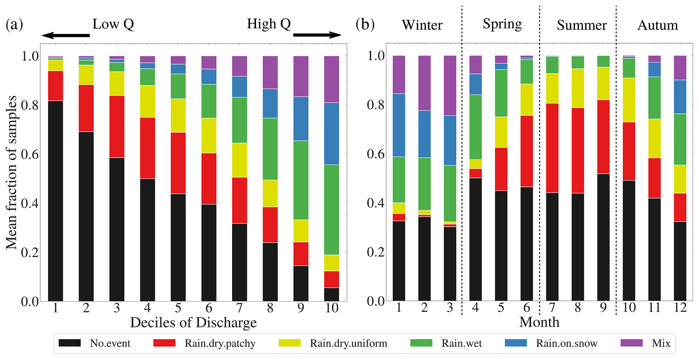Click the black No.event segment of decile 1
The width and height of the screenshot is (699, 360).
click(x=55, y=201)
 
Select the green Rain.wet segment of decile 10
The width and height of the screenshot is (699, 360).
click(x=331, y=210)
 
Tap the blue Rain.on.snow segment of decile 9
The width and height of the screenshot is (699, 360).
click(x=301, y=119)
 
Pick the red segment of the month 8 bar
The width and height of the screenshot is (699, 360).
click(x=578, y=150)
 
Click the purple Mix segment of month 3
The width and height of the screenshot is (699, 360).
click(x=450, y=86)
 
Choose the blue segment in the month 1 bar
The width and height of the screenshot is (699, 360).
click(x=399, y=125)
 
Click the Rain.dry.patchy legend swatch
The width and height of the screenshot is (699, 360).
click(x=164, y=343)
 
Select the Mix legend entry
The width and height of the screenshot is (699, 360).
click(x=661, y=343)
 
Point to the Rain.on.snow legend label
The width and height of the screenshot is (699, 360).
click(x=566, y=343)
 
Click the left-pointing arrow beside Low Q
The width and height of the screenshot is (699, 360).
click(x=66, y=35)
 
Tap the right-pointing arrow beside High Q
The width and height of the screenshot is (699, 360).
click(x=317, y=35)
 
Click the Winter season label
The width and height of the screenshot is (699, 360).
click(x=422, y=25)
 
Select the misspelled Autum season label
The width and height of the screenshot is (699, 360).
click(x=657, y=25)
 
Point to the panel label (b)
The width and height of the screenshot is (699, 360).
click(x=365, y=24)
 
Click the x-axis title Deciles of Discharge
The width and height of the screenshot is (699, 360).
click(x=193, y=322)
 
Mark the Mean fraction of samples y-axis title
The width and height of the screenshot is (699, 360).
click(x=11, y=172)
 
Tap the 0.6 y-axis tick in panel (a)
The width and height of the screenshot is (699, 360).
click(x=30, y=154)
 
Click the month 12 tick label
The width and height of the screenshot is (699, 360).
click(x=680, y=307)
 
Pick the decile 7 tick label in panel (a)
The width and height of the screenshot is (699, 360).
click(x=239, y=308)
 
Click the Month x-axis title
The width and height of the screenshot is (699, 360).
click(x=539, y=322)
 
